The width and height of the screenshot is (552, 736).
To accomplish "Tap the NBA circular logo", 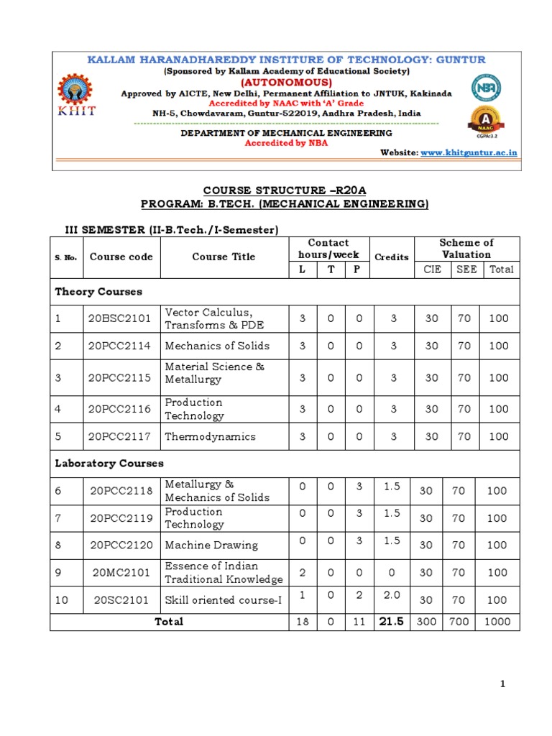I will tap(487, 88).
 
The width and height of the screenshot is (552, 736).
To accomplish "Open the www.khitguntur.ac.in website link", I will tap(469, 152).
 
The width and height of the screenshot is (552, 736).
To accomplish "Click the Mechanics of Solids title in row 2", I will tap(217, 346).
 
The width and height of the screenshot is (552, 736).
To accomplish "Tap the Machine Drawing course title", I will tap(211, 546).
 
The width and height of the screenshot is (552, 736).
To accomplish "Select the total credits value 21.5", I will tap(392, 621).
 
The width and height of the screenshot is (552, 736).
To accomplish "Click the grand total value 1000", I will tap(497, 622).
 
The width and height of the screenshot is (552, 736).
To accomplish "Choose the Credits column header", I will tap(392, 257).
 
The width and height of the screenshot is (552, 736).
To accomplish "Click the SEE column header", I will tap(466, 270).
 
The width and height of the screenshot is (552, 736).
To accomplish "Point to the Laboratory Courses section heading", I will tap(109, 464).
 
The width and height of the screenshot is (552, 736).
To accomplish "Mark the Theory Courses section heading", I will tap(98, 292).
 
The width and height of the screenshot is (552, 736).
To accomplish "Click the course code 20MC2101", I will tap(120, 572).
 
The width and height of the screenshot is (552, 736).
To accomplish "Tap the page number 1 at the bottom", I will tap(503, 684).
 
